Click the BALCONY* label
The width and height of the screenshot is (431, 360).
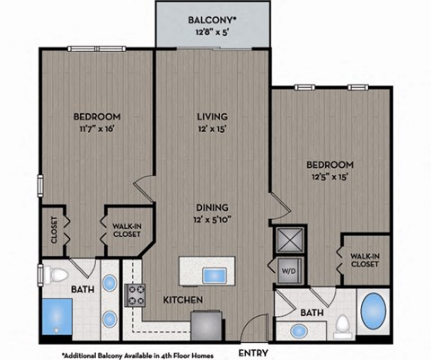212,20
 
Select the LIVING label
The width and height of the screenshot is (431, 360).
212,117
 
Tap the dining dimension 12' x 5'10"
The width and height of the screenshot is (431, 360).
212,221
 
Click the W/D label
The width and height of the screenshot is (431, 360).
290,269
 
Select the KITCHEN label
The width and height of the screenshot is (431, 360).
182,300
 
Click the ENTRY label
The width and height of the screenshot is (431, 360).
254,353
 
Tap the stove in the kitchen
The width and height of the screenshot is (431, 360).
136,294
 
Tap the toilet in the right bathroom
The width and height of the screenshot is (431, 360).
342,325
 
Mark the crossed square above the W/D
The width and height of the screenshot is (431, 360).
290,241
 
